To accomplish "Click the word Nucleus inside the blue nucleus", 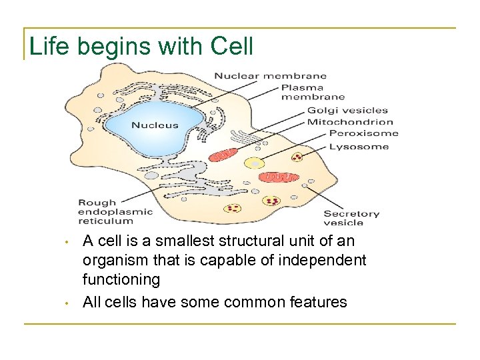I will tap(155, 125).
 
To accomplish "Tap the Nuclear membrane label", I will tap(270, 76).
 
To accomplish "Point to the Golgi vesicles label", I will tap(347, 111).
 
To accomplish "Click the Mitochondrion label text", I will tap(350, 122).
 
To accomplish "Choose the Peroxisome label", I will tap(363, 133).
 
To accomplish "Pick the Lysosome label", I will tap(359, 147).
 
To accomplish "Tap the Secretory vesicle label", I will tap(351, 218).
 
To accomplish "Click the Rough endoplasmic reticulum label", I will tap(115, 211).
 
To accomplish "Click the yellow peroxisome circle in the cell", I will tap(254, 163).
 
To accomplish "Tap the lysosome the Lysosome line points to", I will tap(297, 157).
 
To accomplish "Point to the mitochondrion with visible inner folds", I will tap(280, 177).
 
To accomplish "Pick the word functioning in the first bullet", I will tap(121, 279).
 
